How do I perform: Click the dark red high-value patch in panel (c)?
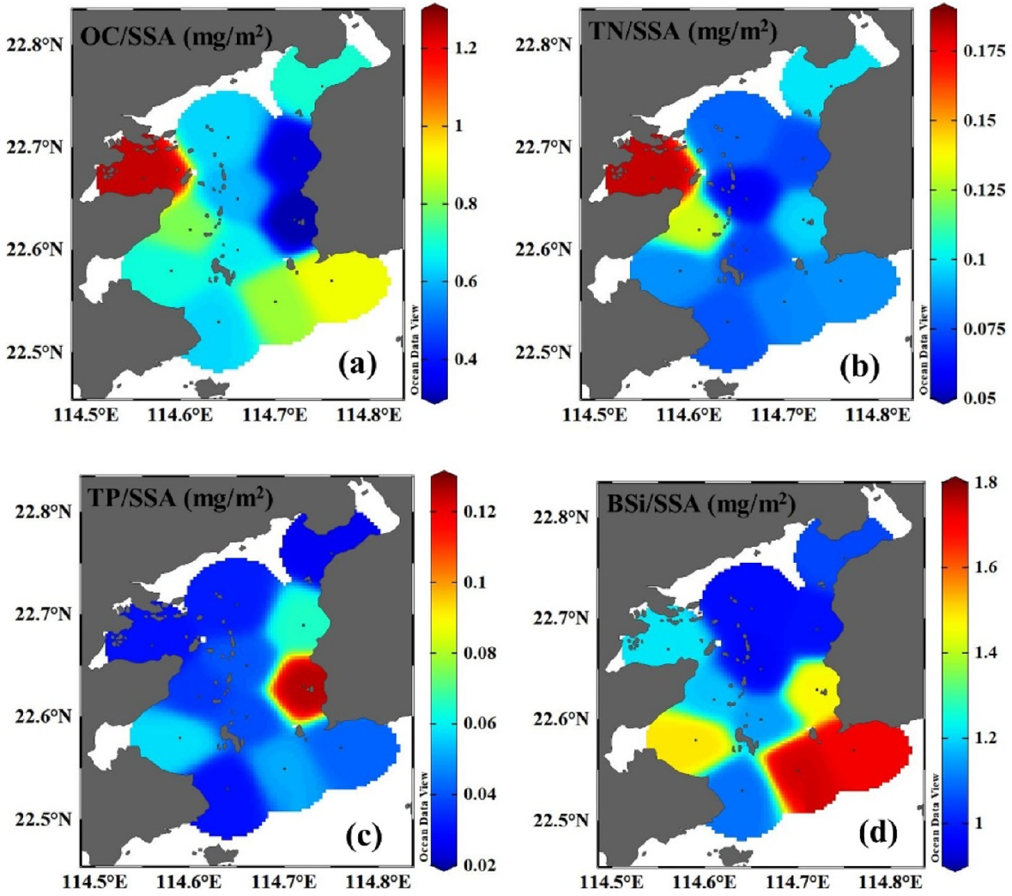pos(298,687)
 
